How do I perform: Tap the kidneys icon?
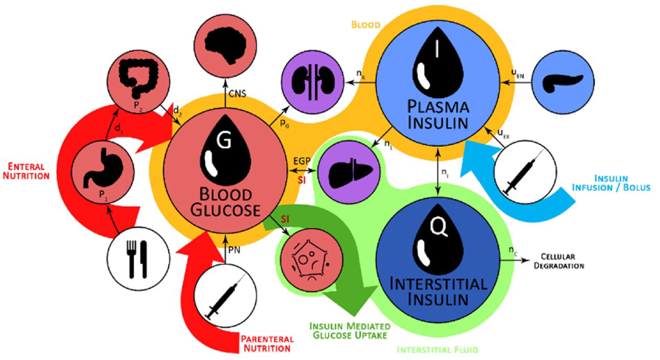point(313,82)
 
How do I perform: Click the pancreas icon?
point(563,82)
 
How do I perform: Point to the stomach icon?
point(103,168)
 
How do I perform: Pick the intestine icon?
point(138,78)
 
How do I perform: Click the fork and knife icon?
point(136,259)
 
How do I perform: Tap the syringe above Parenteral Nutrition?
point(225,296)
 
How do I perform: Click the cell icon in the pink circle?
point(311,260)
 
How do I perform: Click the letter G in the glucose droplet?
point(224,140)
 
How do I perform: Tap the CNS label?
point(237,94)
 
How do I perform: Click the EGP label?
point(301,161)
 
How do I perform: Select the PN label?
point(234,250)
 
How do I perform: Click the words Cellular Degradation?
point(559,261)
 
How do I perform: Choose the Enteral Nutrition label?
point(26,171)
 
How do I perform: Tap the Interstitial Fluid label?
point(437,350)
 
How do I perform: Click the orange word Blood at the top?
point(366,25)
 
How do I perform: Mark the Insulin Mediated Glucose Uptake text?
point(350,331)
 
